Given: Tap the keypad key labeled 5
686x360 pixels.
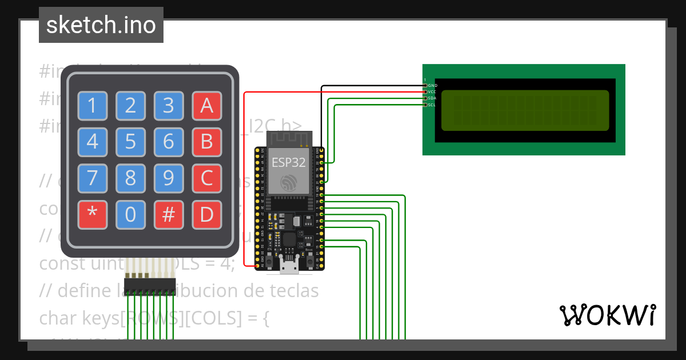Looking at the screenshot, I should (130, 142).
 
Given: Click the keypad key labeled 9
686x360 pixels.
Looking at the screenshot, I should (169, 179).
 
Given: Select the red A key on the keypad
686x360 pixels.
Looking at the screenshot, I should (206, 105).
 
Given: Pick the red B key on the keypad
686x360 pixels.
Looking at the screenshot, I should (206, 142).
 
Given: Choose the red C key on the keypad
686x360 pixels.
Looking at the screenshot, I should (206, 179).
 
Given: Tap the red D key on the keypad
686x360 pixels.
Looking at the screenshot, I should (206, 215).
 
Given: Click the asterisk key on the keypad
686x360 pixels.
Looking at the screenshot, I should (93, 215).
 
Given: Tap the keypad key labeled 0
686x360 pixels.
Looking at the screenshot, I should (130, 215).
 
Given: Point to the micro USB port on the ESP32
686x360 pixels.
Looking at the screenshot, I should (289, 265).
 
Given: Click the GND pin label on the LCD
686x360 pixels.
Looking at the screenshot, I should (433, 85).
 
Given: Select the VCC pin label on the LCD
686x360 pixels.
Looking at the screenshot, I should (433, 91).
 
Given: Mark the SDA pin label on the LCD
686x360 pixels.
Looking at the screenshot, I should (433, 98).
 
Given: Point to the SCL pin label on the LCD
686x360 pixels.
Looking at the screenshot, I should (433, 105).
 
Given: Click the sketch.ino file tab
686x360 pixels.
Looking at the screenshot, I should (101, 25).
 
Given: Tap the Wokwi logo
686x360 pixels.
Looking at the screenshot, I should (607, 315).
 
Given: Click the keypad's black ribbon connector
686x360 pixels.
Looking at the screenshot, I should (150, 284).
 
